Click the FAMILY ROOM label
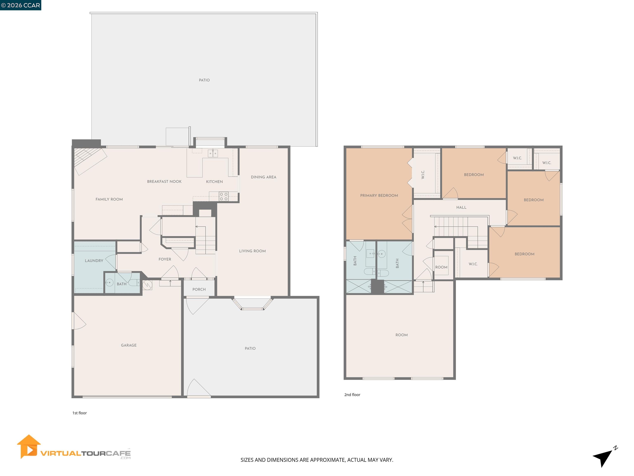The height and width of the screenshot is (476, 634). tap(109, 199)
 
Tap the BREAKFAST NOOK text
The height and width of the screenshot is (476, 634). tap(164, 181)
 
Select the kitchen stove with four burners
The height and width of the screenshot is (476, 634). tap(224, 196)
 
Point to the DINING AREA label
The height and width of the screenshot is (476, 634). tap(263, 177)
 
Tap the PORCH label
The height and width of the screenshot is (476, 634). tap(199, 289)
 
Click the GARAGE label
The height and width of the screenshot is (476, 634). tap(129, 345)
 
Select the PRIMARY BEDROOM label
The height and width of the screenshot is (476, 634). tap(379, 195)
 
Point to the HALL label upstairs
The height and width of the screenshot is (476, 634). tap(461, 207)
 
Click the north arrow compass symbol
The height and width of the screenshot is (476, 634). tap(603, 456)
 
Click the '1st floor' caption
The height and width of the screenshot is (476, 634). tap(79, 413)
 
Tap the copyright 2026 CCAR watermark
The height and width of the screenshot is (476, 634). tap(21, 5)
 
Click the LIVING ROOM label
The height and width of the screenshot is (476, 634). tap(252, 251)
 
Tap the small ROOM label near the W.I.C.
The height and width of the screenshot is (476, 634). tap(441, 267)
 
